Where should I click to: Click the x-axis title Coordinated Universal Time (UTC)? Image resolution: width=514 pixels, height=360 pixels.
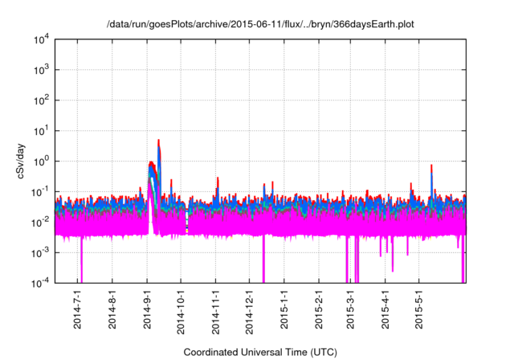(260, 352)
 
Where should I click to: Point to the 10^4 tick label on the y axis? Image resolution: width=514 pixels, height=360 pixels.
(40, 39)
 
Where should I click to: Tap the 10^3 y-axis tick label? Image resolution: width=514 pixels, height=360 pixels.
(40, 69)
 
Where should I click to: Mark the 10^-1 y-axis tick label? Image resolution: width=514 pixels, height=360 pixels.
(40, 191)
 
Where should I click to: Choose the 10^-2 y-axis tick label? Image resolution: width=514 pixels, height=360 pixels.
(40, 222)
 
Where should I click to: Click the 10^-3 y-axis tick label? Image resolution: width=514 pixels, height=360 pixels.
(40, 252)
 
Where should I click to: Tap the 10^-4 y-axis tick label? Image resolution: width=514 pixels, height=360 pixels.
(40, 282)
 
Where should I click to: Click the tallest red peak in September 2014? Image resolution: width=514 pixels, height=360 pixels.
(158, 141)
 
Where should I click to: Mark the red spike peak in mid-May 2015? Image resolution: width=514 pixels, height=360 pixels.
(432, 166)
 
